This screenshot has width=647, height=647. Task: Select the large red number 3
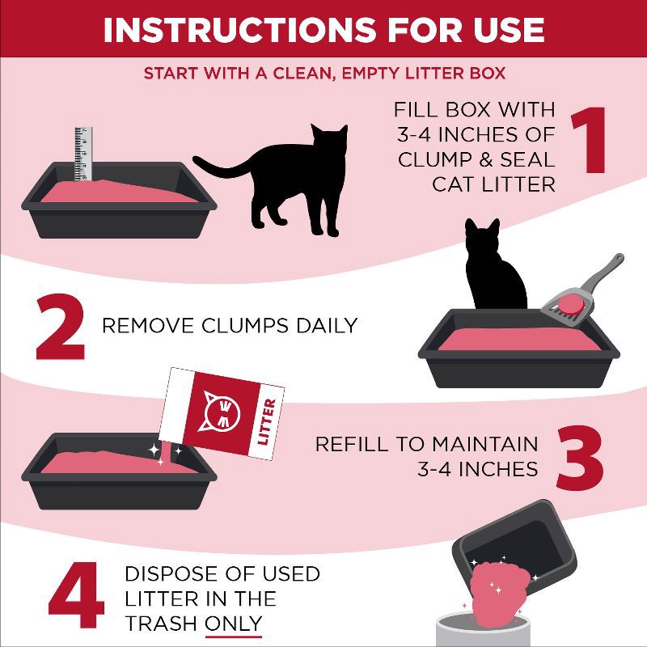point(581,457)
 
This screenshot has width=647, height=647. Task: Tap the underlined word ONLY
point(234,623)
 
